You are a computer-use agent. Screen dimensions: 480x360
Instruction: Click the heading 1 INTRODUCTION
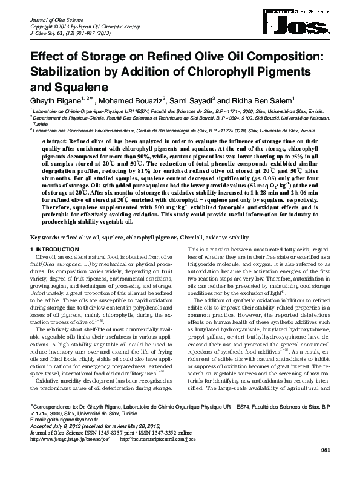click(54, 250)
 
